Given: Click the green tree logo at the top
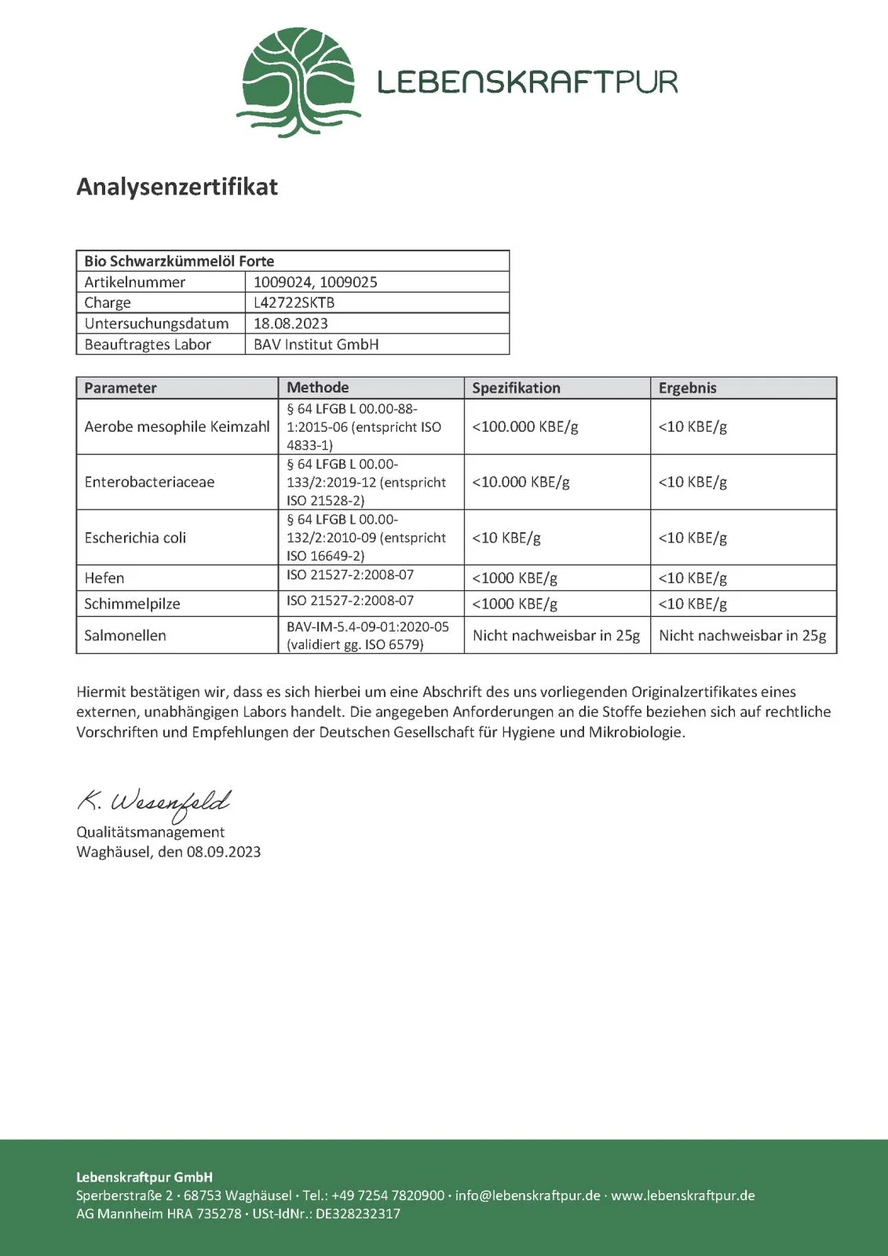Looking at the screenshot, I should coord(298,82).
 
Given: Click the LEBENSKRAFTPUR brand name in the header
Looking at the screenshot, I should coord(527,82).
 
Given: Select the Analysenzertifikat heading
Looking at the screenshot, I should coord(177,187).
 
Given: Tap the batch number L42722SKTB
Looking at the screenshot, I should coord(294,303).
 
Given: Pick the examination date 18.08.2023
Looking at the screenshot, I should coord(291,323).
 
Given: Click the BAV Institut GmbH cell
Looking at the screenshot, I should coord(316,345).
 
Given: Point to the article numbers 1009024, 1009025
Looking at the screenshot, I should coord(315,282).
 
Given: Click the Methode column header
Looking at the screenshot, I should coord(318,388).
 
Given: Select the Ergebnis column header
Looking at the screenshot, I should coord(687,388).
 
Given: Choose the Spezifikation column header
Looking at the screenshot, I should coord(516,388).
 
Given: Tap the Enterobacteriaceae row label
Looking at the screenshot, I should coord(149,482).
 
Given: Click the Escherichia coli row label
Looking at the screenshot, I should coord(135,538).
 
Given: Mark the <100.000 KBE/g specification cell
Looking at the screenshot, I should coord(524,427).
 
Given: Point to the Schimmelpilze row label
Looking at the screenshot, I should coord(132,604).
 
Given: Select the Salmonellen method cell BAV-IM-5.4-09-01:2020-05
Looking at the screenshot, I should coord(367,627).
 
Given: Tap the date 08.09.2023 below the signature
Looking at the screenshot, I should coord(223,853).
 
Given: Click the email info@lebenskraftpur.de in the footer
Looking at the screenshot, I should coord(528,1196).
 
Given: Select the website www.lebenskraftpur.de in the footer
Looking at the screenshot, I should coord(682,1196).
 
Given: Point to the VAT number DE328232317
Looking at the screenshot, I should coord(358,1214).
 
